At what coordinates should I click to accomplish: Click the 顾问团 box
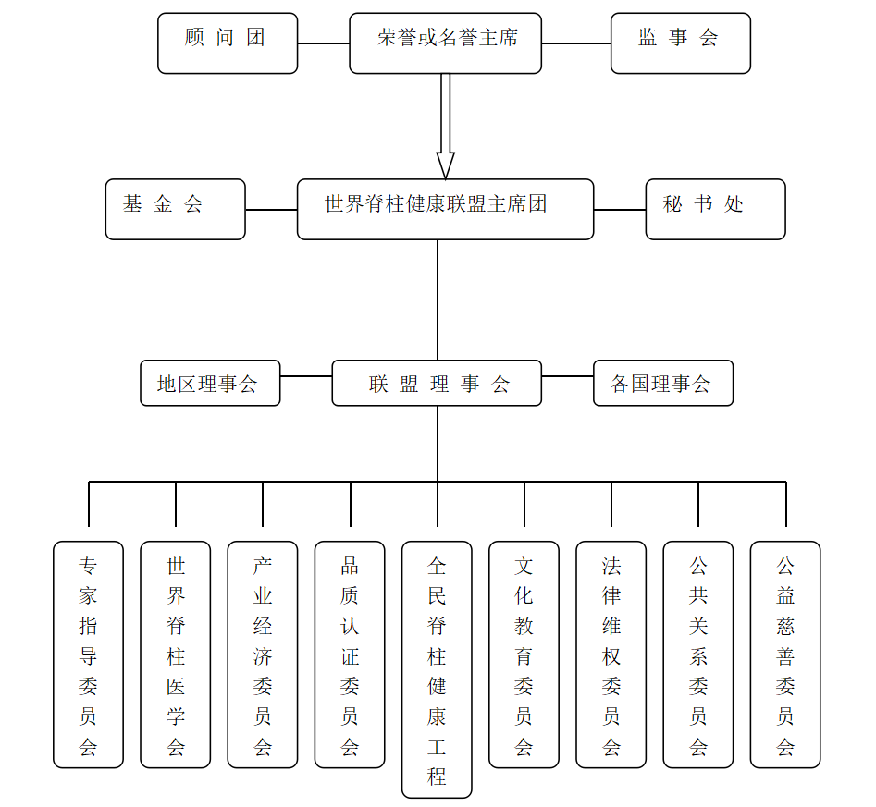[x=228, y=43]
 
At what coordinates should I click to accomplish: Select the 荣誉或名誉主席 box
[x=445, y=43]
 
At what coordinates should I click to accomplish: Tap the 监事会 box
[x=680, y=43]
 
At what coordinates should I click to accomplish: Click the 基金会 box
[x=175, y=209]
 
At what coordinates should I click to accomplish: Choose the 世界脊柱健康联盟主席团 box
[x=445, y=209]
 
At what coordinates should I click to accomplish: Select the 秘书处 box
[x=715, y=209]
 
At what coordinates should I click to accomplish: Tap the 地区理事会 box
[x=210, y=383]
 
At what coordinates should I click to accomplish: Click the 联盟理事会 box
[x=437, y=383]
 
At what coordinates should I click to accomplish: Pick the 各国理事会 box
[x=662, y=383]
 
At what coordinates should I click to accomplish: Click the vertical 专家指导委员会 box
[x=88, y=654]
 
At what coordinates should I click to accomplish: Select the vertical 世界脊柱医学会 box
[x=176, y=654]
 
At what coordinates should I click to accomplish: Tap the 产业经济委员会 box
[x=263, y=654]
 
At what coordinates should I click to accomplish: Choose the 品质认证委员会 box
[x=350, y=654]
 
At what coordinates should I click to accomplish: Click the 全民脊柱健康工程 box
[x=437, y=669]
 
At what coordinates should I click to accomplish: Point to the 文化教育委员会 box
[x=524, y=654]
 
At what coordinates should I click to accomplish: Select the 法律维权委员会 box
[x=611, y=654]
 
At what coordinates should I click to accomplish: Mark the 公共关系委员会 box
[x=698, y=654]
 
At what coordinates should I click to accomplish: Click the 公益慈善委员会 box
[x=785, y=654]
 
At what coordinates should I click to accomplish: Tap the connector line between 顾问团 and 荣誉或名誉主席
[x=324, y=43]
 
